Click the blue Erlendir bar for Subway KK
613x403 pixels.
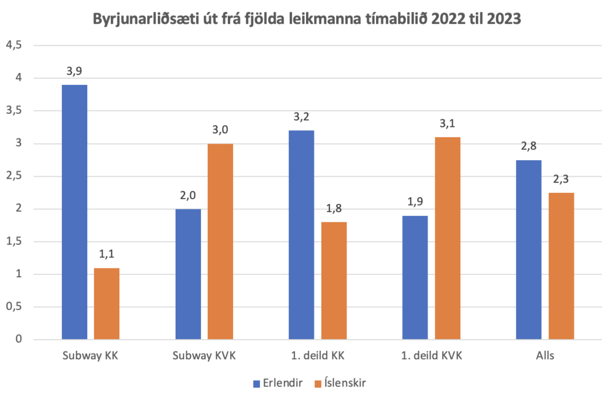(x=74, y=212)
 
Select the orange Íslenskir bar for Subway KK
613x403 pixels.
(x=107, y=304)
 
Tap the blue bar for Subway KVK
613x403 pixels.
(x=188, y=274)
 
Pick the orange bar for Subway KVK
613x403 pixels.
(x=220, y=241)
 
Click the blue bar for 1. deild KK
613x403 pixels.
(x=301, y=235)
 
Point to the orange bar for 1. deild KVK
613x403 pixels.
(x=448, y=238)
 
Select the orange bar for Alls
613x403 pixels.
(x=561, y=266)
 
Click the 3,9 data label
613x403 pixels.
(x=74, y=72)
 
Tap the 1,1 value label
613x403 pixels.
(x=107, y=255)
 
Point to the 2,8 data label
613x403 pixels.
(x=529, y=146)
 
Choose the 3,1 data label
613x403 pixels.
(x=448, y=124)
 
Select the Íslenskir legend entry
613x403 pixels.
(x=339, y=383)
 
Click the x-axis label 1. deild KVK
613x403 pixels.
(x=431, y=356)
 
